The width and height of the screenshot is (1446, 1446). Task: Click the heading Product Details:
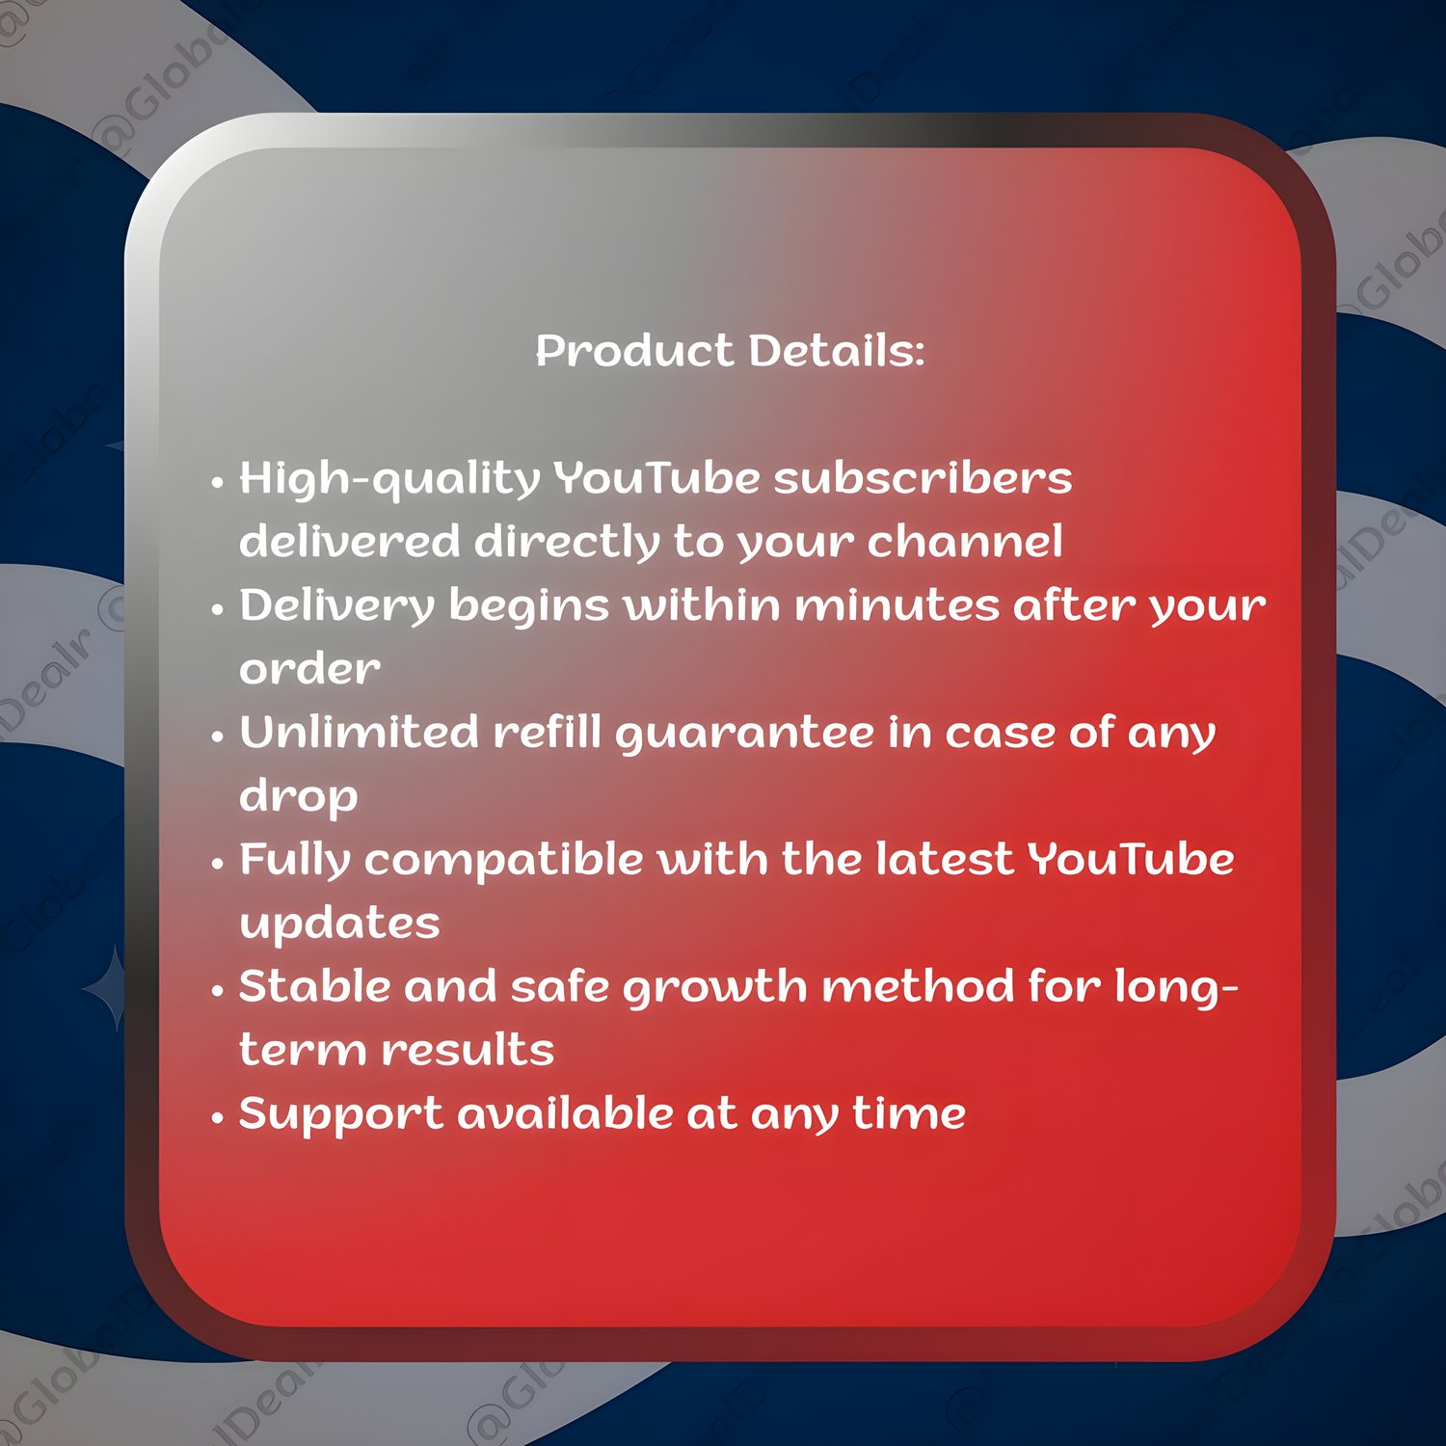coord(730,350)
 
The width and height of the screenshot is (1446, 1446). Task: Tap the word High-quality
coord(389,479)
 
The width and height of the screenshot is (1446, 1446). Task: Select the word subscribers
coord(923,477)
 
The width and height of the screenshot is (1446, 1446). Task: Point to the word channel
coord(965,541)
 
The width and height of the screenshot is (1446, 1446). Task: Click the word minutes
coord(897,605)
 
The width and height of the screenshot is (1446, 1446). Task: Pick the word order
coord(309,668)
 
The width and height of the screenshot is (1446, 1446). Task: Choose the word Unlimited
coord(359,732)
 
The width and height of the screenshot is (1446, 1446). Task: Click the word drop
coord(298,797)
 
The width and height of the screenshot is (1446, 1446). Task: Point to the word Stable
coord(314,986)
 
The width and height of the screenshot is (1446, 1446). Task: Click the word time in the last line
coord(909,1113)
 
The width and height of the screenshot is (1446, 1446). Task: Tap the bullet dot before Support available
coord(217,1118)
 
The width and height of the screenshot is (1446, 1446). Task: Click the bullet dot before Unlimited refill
coord(217,737)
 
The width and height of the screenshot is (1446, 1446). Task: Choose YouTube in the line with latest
coord(1130,859)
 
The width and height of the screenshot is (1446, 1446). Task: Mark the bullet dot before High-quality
coord(217,482)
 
